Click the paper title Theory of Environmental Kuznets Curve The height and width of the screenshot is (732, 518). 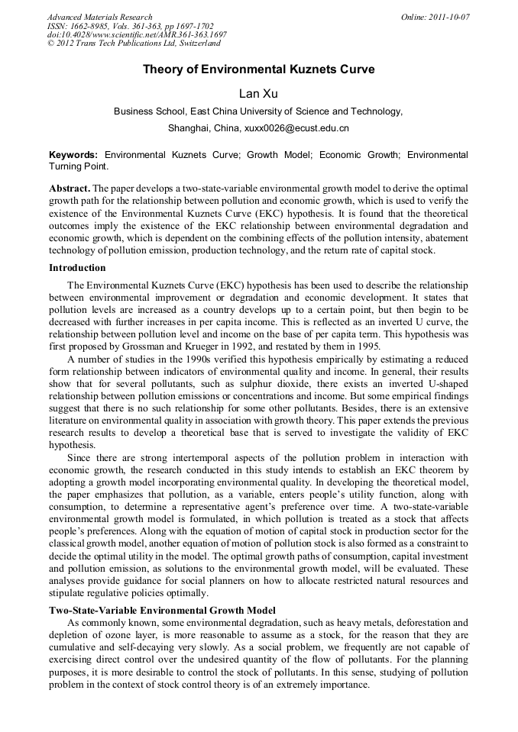click(x=259, y=69)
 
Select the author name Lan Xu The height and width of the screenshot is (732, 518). click(x=258, y=93)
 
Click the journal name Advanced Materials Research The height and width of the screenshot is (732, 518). click(x=99, y=17)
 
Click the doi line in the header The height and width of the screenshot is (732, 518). click(x=137, y=35)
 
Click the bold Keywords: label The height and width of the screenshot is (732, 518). click(x=73, y=154)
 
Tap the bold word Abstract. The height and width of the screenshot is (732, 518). click(x=70, y=188)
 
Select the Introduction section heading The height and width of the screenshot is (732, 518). click(x=77, y=268)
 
